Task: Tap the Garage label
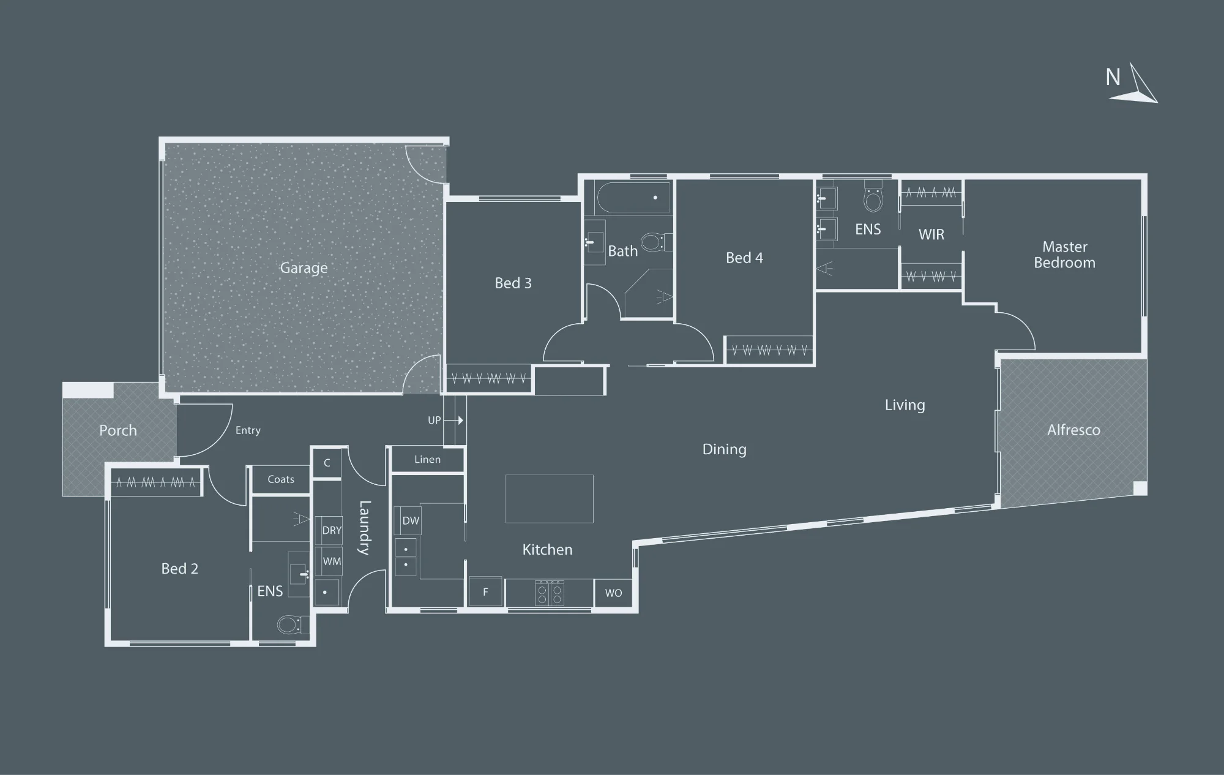[304, 268]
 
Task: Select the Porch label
[118, 430]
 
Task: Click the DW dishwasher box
[411, 520]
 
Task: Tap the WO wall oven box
[613, 593]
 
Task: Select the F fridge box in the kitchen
[485, 592]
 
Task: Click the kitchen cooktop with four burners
[550, 593]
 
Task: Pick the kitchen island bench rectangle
[549, 498]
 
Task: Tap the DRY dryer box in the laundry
[332, 530]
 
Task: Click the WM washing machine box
[332, 561]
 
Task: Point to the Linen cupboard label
[427, 460]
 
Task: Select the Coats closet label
[281, 479]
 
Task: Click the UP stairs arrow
[453, 421]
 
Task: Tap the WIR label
[931, 234]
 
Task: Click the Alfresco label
[1073, 430]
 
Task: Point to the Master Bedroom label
[1064, 255]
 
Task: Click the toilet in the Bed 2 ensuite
[289, 625]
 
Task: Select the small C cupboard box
[327, 463]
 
